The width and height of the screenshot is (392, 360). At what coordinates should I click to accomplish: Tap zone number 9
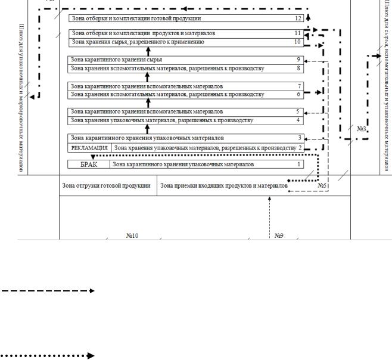point(298,60)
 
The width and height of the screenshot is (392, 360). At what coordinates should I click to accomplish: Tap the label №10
point(132,235)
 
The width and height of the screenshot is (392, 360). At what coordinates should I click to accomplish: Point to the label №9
point(279,235)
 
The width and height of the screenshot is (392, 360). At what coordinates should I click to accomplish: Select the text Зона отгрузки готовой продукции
point(107,185)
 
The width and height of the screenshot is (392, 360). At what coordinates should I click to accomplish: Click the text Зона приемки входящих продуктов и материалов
point(224,185)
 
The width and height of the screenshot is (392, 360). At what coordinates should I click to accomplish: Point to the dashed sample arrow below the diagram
point(47,291)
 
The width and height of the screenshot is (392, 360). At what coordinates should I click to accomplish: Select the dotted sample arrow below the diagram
point(47,356)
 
